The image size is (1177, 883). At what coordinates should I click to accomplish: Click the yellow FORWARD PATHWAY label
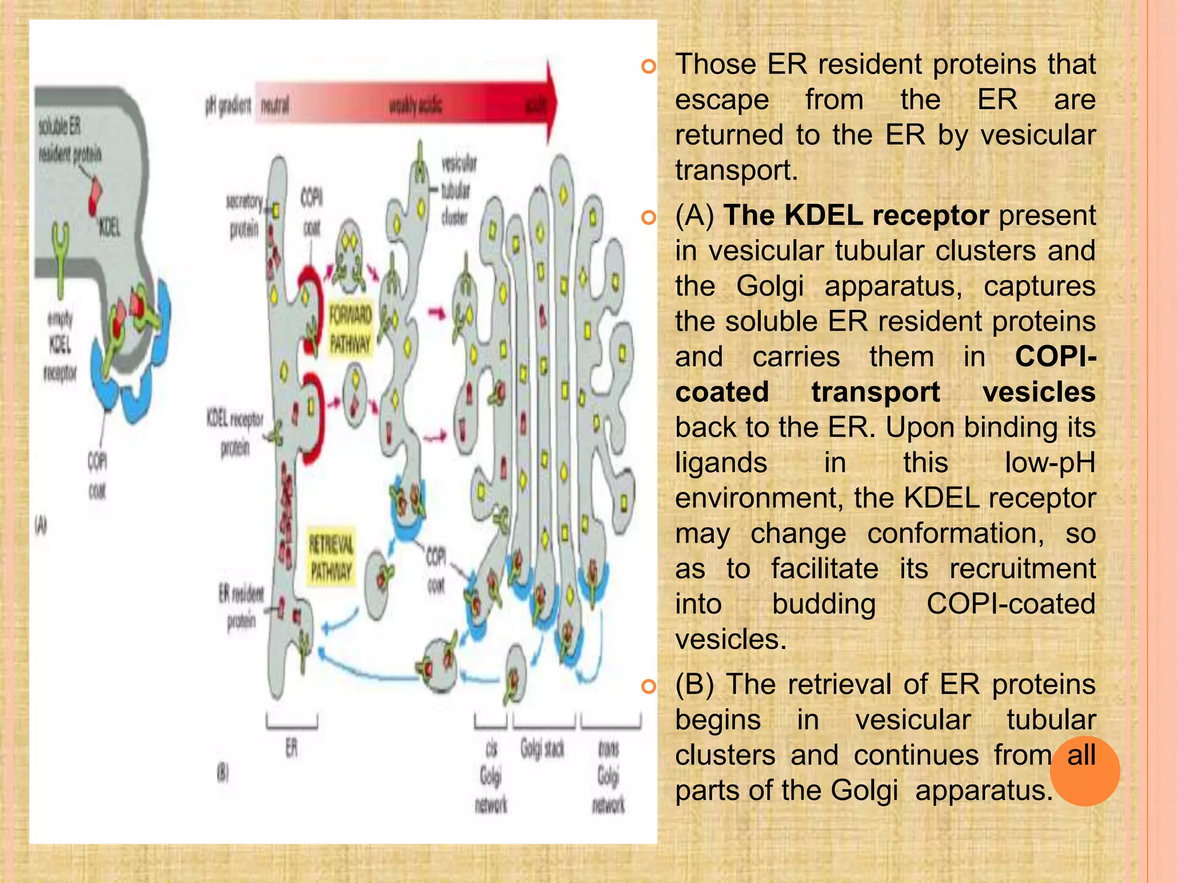350,330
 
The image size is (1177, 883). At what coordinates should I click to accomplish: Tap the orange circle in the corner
1084,771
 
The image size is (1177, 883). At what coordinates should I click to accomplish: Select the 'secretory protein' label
244,216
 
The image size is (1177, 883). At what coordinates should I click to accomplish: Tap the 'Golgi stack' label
542,749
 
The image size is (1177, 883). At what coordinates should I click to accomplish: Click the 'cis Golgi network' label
491,776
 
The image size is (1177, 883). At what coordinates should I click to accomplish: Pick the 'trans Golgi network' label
608,776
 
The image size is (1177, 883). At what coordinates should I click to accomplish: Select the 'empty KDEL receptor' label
60,345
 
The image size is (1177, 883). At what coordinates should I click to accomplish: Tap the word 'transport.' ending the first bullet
736,170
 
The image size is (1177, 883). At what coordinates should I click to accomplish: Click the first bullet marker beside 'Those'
648,67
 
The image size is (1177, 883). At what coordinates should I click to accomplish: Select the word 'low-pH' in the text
1049,463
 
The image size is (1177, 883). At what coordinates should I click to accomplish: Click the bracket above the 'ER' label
291,723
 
